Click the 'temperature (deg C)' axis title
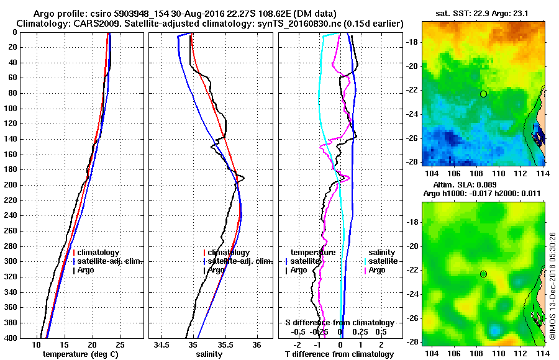point(82,354)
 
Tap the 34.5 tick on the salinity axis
point(163,344)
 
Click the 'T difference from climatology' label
point(339,354)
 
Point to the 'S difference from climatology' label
point(339,323)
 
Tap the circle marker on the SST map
point(483,94)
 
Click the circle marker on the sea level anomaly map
point(483,274)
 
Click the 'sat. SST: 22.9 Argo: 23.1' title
point(483,12)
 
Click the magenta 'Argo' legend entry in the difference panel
point(377,270)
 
